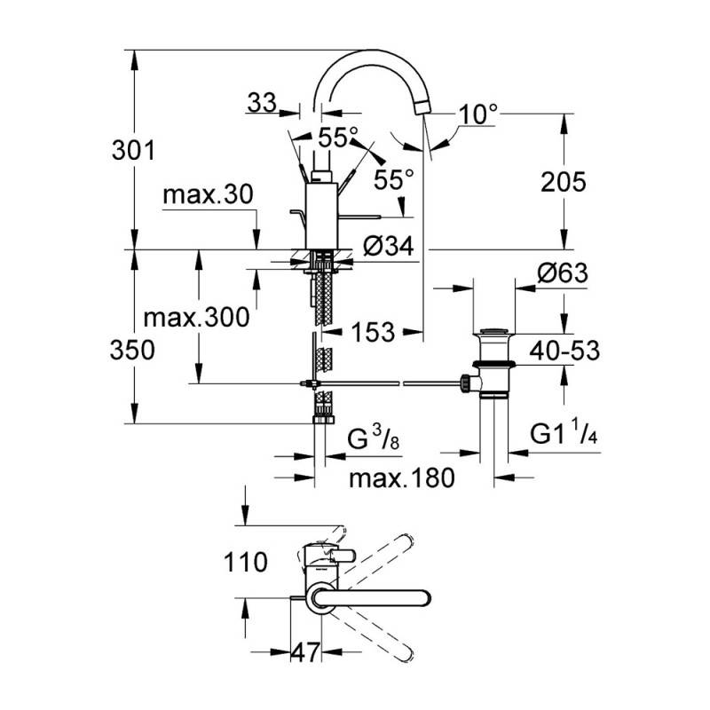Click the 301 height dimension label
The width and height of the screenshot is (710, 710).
(x=133, y=150)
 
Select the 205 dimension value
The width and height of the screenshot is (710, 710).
(x=564, y=182)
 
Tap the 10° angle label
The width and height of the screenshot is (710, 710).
(x=478, y=114)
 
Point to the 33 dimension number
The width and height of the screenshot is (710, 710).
(x=262, y=102)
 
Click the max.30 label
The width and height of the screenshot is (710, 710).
(x=208, y=194)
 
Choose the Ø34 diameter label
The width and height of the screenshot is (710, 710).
(x=389, y=247)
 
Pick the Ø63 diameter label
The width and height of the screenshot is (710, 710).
(x=563, y=272)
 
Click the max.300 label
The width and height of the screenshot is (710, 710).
(x=196, y=318)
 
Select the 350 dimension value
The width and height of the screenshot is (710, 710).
(x=132, y=350)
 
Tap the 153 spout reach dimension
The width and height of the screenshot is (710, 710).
(x=373, y=332)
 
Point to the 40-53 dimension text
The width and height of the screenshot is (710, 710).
(x=564, y=351)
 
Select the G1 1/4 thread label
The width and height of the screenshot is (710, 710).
(x=564, y=432)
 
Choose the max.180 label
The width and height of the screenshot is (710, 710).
(x=402, y=477)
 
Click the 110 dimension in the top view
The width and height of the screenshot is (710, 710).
(x=246, y=562)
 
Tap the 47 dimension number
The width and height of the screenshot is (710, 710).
(x=305, y=652)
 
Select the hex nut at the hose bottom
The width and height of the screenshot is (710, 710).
(x=323, y=420)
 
